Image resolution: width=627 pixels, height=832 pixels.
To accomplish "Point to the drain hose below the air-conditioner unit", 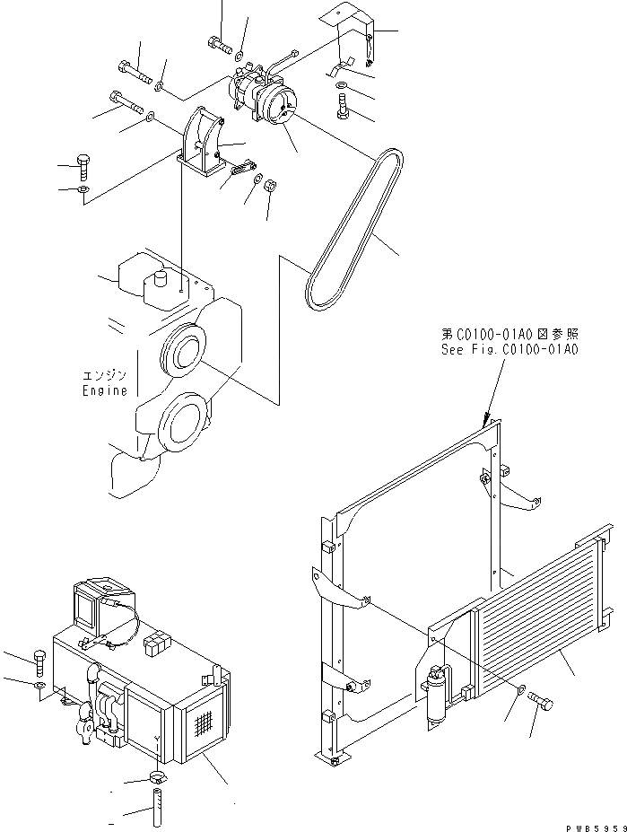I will point(157,804).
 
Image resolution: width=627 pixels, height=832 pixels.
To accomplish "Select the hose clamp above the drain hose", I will point(156,777).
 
